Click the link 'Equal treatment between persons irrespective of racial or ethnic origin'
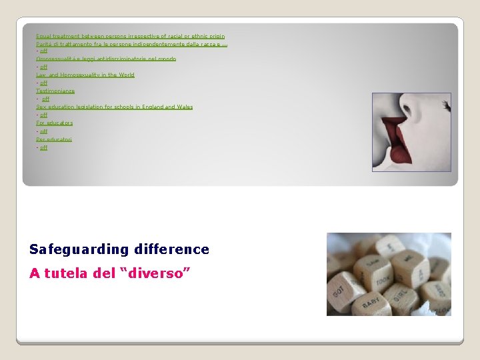(130, 36)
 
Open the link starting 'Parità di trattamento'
(131, 43)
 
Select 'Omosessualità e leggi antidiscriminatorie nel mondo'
(106, 59)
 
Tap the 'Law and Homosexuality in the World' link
(85, 75)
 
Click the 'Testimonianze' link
(55, 91)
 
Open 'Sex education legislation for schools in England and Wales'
(114, 107)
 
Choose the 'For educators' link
(55, 123)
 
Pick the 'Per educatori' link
(54, 139)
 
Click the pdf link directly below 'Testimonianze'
(45, 99)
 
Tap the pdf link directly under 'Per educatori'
(43, 147)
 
